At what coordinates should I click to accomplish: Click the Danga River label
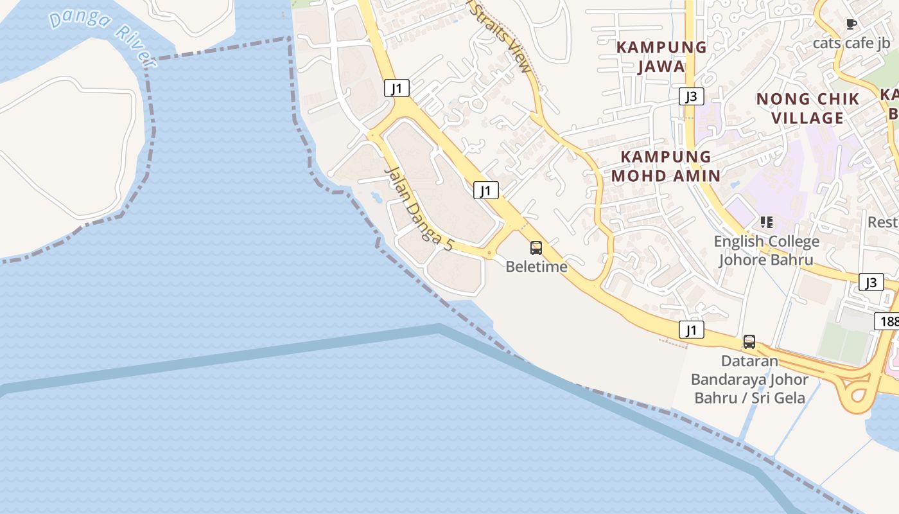pyautogui.click(x=102, y=35)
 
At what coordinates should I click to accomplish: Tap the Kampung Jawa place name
pyautogui.click(x=661, y=57)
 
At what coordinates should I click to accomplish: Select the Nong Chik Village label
pyautogui.click(x=807, y=108)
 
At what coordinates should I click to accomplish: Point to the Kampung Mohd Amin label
pyautogui.click(x=665, y=166)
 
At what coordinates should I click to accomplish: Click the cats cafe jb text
pyautogui.click(x=851, y=43)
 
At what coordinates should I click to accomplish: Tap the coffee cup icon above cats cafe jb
pyautogui.click(x=851, y=24)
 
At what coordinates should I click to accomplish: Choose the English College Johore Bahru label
pyautogui.click(x=766, y=251)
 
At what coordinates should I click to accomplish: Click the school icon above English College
pyautogui.click(x=766, y=222)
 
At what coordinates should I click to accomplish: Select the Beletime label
pyautogui.click(x=536, y=266)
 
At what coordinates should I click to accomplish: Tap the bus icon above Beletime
pyautogui.click(x=536, y=247)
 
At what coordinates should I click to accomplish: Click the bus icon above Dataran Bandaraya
pyautogui.click(x=749, y=342)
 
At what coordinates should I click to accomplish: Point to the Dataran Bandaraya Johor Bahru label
pyautogui.click(x=749, y=379)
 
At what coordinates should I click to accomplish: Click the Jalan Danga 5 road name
pyautogui.click(x=419, y=208)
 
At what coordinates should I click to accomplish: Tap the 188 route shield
pyautogui.click(x=887, y=321)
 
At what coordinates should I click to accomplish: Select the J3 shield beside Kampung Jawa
pyautogui.click(x=691, y=96)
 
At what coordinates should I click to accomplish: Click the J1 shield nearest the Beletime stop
pyautogui.click(x=486, y=190)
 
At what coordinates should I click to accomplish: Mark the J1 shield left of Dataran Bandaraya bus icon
pyautogui.click(x=691, y=330)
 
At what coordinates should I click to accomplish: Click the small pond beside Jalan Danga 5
pyautogui.click(x=376, y=197)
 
